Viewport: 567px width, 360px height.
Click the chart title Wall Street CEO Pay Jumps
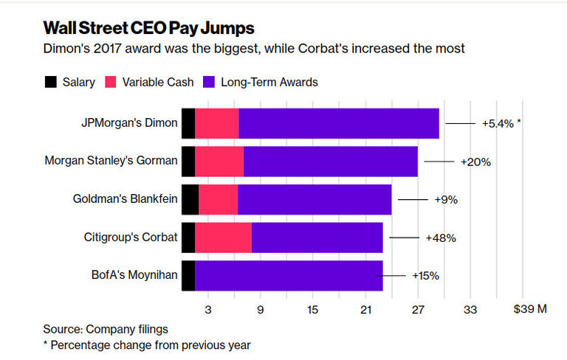149,28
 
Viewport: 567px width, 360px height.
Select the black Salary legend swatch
51,82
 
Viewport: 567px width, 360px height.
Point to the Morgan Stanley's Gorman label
111,161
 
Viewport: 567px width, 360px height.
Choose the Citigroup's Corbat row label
131,238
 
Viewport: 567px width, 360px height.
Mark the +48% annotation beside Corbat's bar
441,238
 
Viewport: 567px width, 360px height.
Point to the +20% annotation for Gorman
475,161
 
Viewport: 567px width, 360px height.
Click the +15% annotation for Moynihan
425,276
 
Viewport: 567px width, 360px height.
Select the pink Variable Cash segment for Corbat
223,238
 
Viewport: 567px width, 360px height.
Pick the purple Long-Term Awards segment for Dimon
339,123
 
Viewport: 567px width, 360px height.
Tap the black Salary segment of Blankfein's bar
190,199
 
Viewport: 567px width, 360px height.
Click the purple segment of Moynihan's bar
289,276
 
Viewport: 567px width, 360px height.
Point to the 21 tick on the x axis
365,309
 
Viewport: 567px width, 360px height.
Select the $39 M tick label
529,309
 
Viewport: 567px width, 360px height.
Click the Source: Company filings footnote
106,328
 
